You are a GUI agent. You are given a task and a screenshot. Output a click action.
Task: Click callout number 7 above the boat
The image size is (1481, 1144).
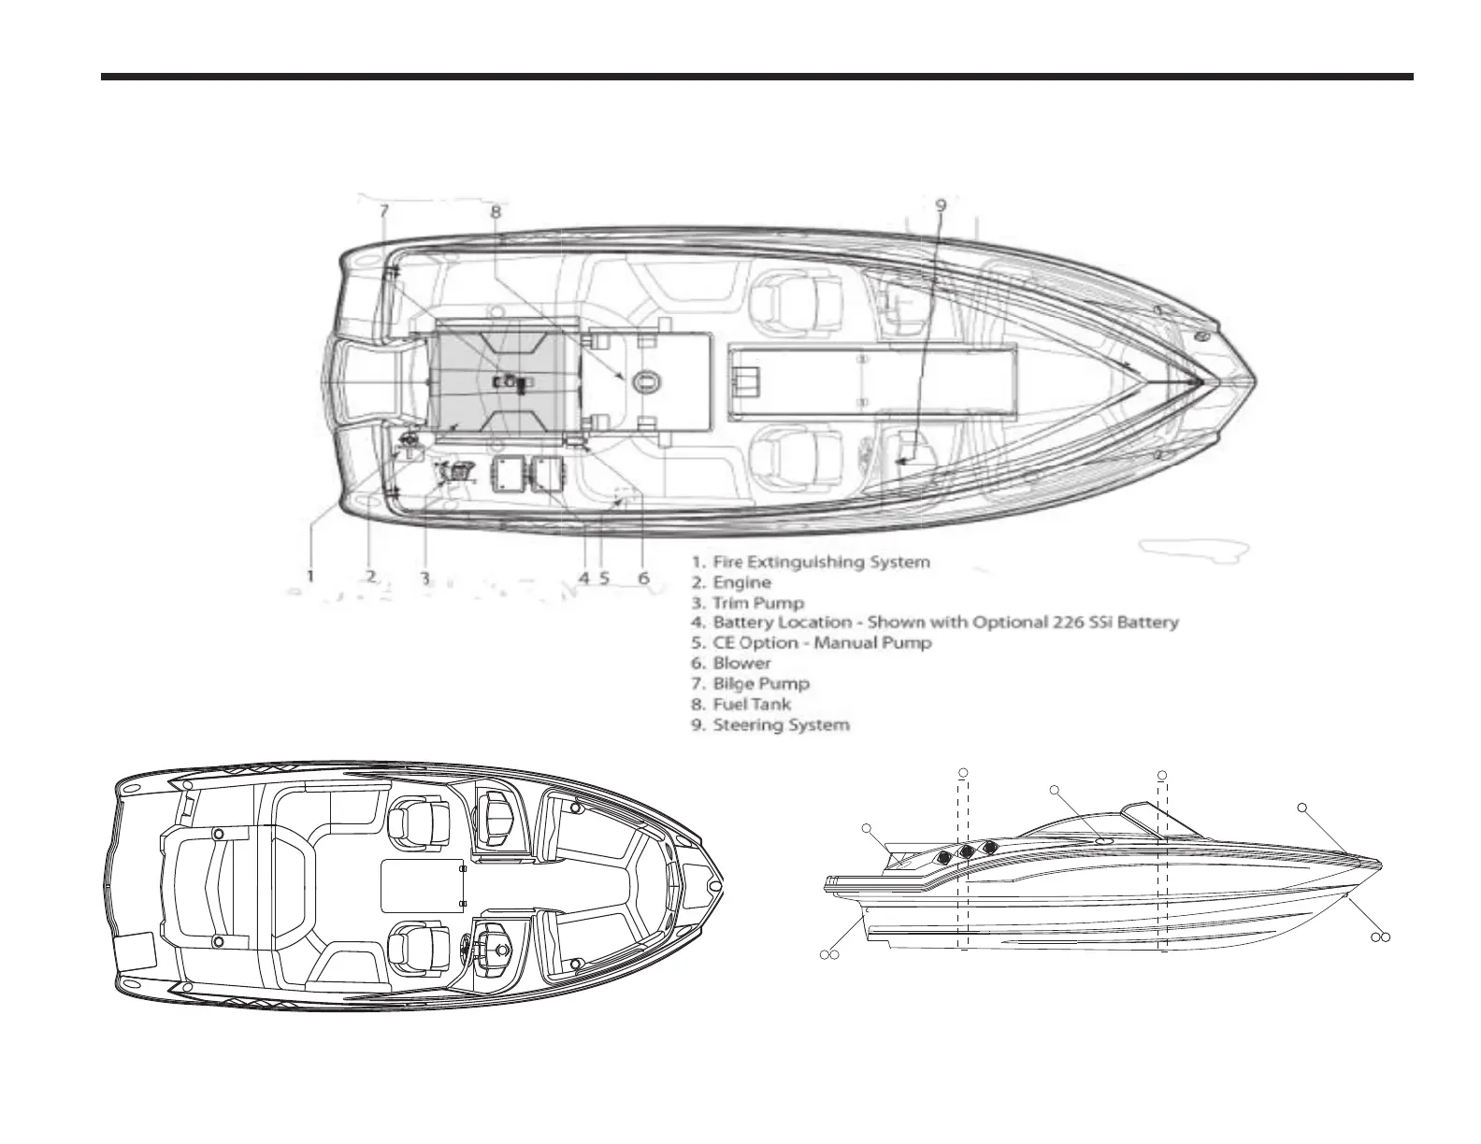tap(383, 211)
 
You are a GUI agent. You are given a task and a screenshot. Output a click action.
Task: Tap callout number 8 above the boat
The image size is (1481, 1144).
tap(496, 211)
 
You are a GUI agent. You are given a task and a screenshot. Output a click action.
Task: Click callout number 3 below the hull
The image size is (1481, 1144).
tap(424, 578)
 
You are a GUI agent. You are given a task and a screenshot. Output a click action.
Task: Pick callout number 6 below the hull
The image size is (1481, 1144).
tap(643, 578)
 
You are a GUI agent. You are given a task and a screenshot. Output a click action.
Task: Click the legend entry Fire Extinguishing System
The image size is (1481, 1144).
tap(812, 562)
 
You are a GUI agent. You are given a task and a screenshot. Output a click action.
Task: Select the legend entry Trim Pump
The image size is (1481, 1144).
tap(748, 603)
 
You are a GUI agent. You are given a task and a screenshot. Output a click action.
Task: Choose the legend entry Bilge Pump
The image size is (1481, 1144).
tap(751, 683)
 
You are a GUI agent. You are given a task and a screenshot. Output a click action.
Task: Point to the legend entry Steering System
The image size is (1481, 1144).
tap(771, 724)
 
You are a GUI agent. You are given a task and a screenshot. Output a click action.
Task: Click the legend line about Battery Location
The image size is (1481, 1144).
tap(935, 622)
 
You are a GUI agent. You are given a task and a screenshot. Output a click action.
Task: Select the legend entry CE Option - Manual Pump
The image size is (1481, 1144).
tap(812, 643)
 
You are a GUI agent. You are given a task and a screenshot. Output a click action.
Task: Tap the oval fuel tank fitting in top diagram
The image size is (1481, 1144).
tap(646, 380)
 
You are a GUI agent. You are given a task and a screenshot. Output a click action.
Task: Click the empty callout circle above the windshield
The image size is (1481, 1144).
tap(1055, 791)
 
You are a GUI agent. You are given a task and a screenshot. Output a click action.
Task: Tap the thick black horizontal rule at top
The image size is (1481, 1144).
tap(757, 77)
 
